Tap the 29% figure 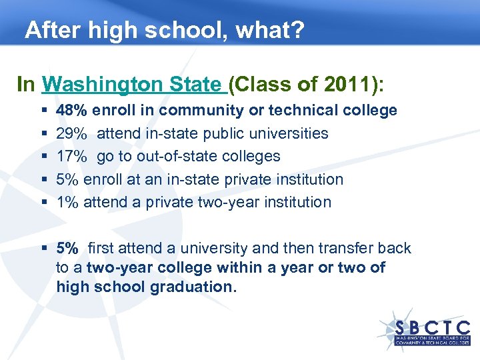(x=71, y=133)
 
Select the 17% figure (x=71, y=156)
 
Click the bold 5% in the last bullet (x=67, y=249)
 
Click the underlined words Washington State (x=131, y=85)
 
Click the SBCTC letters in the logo (x=433, y=328)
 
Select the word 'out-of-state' (x=176, y=156)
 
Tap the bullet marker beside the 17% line (x=43, y=157)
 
